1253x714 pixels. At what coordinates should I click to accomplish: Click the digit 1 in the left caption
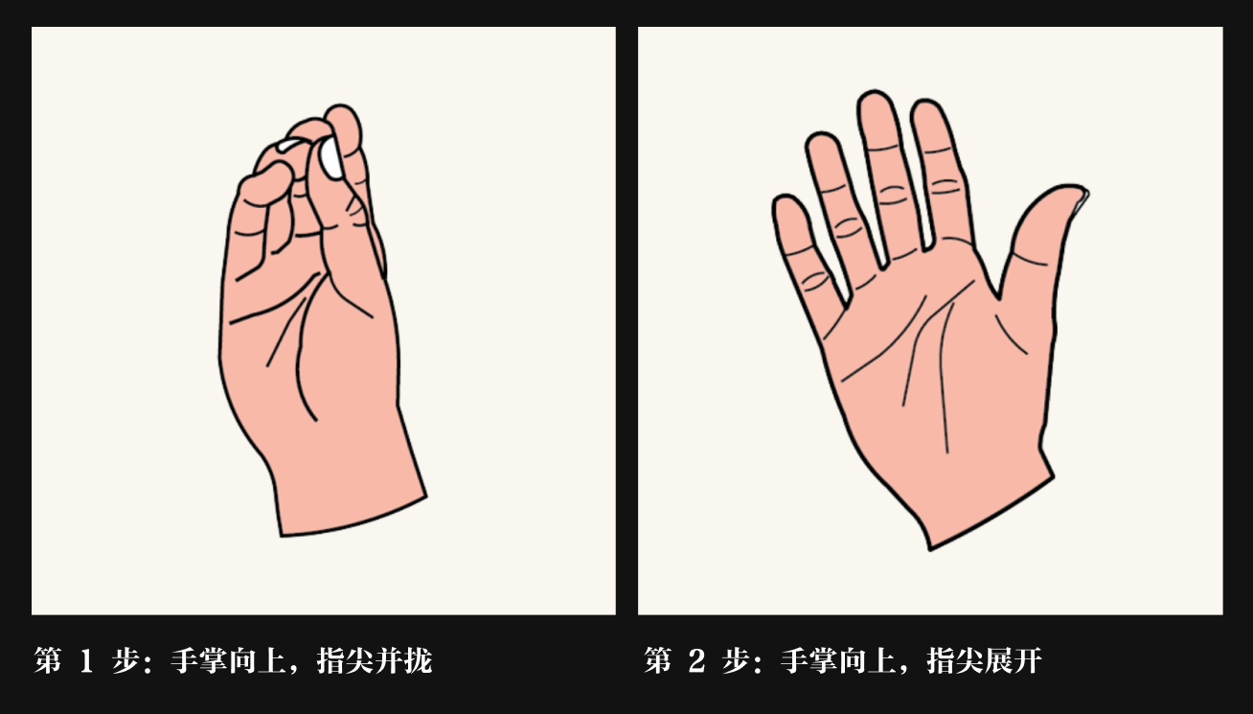click(86, 660)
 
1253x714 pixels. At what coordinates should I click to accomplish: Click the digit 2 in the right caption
click(695, 660)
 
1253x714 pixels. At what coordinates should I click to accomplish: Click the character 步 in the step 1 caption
click(125, 660)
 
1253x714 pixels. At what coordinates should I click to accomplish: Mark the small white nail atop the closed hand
click(288, 145)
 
